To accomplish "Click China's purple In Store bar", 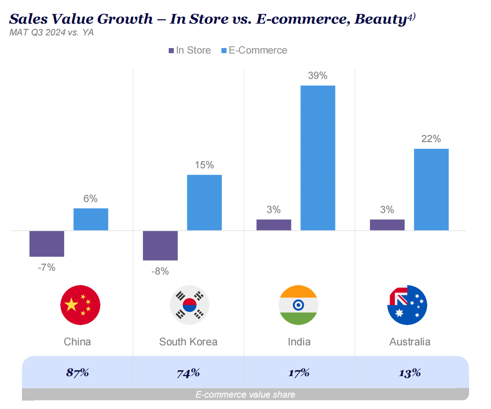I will pos(46,243).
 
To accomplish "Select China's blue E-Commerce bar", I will pos(91,219).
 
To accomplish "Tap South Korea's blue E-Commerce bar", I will pos(204,202).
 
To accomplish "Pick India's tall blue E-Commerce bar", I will pos(318,158).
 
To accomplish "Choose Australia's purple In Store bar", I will pos(387,225).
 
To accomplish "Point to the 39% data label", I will pos(318,76).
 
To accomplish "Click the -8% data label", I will pos(160,272).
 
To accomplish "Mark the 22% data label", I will pos(431,139).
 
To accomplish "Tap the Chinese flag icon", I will pos(80,304).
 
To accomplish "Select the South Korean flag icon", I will pos(189,304).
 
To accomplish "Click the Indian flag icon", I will pos(298,304).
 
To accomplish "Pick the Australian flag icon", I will pos(407,304).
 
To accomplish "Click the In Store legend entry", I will pos(189,51).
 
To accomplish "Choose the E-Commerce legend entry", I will pos(254,51).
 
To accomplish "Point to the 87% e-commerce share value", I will pos(77,373).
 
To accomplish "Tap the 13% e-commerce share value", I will pos(410,373).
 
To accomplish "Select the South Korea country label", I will pos(188,342).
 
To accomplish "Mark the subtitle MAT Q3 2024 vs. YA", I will pos(51,32).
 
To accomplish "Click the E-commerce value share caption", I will pos(245,395).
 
